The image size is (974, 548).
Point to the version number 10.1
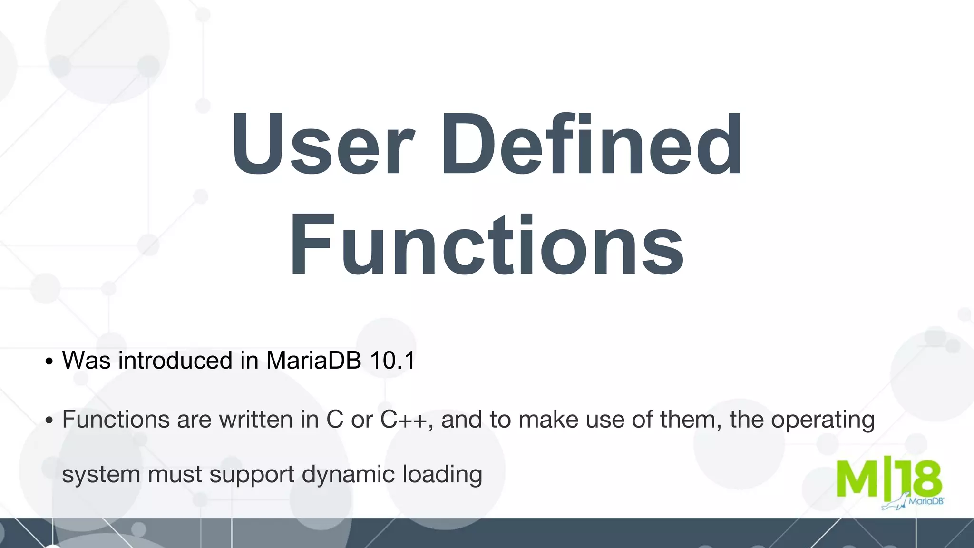click(x=392, y=360)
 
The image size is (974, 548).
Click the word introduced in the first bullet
click(x=175, y=360)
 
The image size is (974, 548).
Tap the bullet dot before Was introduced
click(x=49, y=362)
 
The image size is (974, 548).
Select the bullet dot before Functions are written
click(x=49, y=421)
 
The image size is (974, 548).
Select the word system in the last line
click(x=101, y=475)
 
